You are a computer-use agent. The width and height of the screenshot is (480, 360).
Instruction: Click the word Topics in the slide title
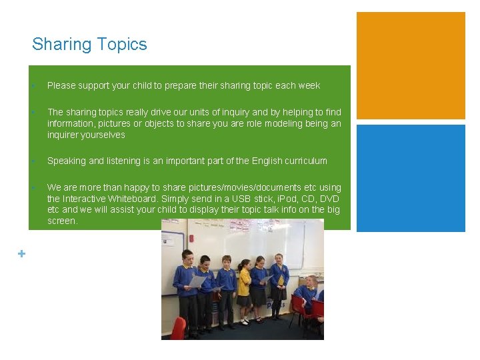coord(121,45)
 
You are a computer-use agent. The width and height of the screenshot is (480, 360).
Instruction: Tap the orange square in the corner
coord(411,65)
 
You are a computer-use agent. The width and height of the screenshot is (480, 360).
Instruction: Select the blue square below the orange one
coord(411,178)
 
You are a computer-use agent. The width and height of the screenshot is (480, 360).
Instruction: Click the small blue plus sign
coord(22,253)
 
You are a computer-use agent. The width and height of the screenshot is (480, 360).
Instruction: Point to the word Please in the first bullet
coord(61,85)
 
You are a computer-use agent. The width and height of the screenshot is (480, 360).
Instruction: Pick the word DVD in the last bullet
coord(329,199)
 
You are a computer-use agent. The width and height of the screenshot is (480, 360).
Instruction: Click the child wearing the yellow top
coord(245,283)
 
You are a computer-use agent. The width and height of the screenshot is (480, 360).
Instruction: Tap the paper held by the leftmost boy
coord(197,281)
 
